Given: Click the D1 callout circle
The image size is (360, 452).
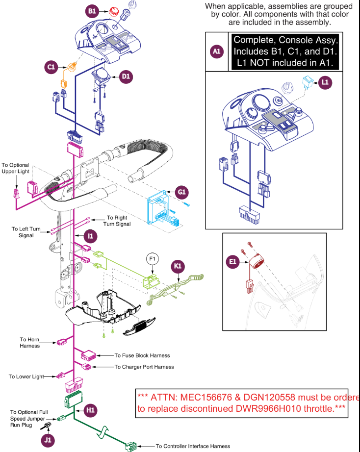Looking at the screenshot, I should click(126, 76).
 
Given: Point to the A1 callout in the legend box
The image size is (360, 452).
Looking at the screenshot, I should click(217, 51).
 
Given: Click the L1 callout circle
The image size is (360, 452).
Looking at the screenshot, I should click(324, 82).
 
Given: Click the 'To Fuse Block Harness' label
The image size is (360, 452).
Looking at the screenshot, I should click(142, 355).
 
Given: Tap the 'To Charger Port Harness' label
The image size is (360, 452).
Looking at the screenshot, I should click(144, 367).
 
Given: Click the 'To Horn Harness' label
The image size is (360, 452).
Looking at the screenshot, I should click(30, 342).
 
